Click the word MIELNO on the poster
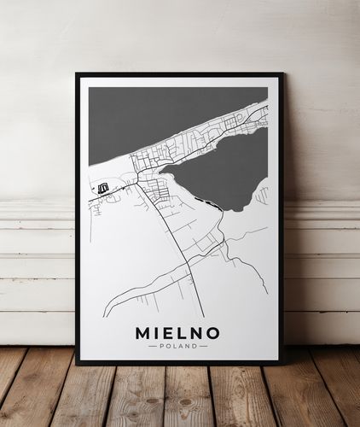177,332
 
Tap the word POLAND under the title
177,346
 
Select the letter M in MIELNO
142,332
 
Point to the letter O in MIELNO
213,332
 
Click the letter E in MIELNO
168,332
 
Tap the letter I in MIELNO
156,332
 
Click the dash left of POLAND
152,346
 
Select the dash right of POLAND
203,346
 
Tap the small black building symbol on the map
103,187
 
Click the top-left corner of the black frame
77,74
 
